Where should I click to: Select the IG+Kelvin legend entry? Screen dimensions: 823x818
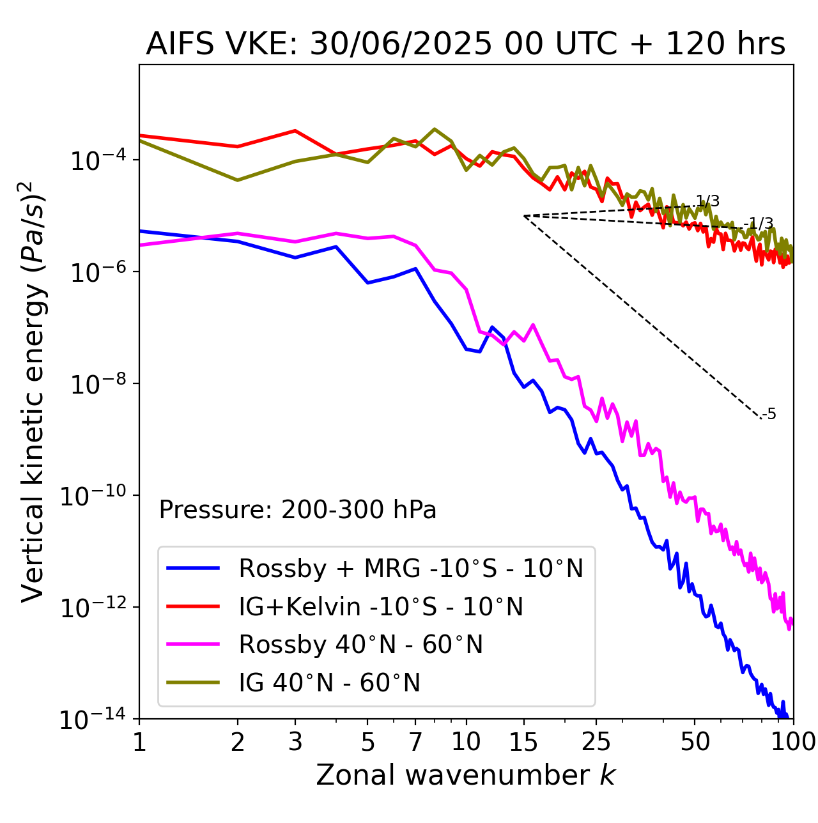(381, 606)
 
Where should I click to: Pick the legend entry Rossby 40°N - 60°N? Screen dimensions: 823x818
(360, 645)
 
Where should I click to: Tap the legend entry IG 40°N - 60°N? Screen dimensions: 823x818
(329, 683)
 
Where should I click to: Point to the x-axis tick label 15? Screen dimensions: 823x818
(523, 742)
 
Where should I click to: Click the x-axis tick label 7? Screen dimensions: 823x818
(415, 742)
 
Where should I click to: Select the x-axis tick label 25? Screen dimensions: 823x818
(596, 742)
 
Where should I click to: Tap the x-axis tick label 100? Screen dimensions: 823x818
(792, 742)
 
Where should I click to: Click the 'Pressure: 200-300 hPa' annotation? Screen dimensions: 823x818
(298, 510)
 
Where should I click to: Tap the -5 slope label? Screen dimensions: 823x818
(769, 415)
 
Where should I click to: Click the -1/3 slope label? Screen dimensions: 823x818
(760, 224)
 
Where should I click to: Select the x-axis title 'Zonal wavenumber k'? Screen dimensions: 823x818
(465, 775)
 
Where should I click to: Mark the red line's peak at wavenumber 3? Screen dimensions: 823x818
(295, 130)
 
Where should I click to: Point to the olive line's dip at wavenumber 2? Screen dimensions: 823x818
(238, 180)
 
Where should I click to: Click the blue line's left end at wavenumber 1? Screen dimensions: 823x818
(140, 231)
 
